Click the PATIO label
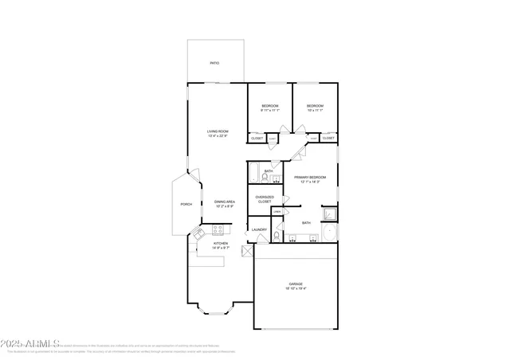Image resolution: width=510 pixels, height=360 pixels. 214,63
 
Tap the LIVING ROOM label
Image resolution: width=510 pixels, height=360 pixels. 218,131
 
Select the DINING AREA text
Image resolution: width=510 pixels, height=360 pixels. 224,202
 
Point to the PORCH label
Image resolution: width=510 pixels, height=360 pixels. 186,205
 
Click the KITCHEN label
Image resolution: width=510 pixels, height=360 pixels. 220,244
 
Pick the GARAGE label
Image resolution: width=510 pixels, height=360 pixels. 296,284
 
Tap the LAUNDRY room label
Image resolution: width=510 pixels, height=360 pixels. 260,229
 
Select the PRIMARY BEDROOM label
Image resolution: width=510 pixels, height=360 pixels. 310,177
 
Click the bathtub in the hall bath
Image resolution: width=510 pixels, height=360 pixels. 254,170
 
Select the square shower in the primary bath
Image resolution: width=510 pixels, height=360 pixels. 328,213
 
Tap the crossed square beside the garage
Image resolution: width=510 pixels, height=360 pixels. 247,252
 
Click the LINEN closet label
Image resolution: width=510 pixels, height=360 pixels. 277,211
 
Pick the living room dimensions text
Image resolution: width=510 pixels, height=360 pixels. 218,136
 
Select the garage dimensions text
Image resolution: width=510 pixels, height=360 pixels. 296,289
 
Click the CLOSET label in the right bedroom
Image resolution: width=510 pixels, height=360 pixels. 328,138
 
